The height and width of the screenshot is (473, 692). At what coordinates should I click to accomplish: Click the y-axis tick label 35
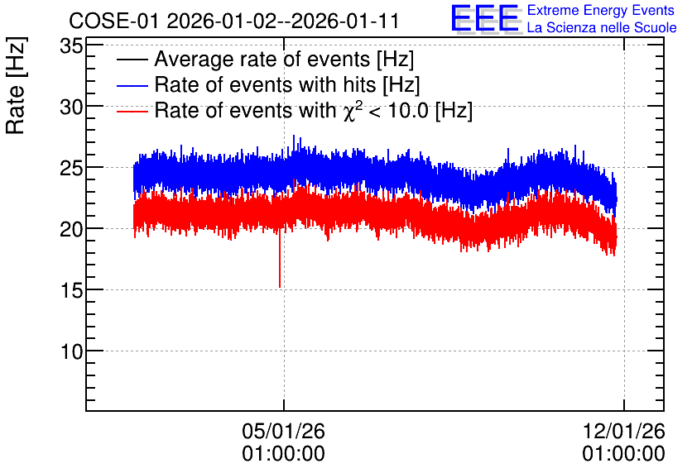click(71, 45)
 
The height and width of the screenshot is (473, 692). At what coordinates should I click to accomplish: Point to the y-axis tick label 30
click(71, 107)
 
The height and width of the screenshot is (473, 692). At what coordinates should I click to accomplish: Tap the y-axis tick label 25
click(71, 169)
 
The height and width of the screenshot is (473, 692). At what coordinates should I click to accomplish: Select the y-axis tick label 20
click(71, 229)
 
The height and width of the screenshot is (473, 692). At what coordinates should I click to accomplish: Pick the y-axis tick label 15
click(71, 290)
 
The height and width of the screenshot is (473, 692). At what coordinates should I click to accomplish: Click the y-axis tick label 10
click(71, 351)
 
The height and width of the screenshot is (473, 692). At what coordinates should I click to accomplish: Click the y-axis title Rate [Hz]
click(16, 85)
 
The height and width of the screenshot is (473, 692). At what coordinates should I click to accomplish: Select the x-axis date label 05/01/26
click(283, 431)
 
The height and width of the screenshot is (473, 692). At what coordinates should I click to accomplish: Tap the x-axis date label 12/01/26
click(624, 431)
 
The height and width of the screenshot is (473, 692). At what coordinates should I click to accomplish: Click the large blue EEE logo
click(485, 18)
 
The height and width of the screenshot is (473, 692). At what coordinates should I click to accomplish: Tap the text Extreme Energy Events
click(601, 10)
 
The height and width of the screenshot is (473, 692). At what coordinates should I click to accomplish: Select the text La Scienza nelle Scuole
click(602, 28)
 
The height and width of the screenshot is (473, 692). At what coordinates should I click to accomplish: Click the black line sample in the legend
click(132, 60)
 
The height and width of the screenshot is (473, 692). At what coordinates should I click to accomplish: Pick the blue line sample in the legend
click(132, 85)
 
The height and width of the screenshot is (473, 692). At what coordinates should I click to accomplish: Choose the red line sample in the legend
click(132, 111)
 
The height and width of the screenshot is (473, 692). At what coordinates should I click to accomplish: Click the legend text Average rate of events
click(262, 60)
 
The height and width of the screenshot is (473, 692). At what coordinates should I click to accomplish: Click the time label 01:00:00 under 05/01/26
click(283, 454)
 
